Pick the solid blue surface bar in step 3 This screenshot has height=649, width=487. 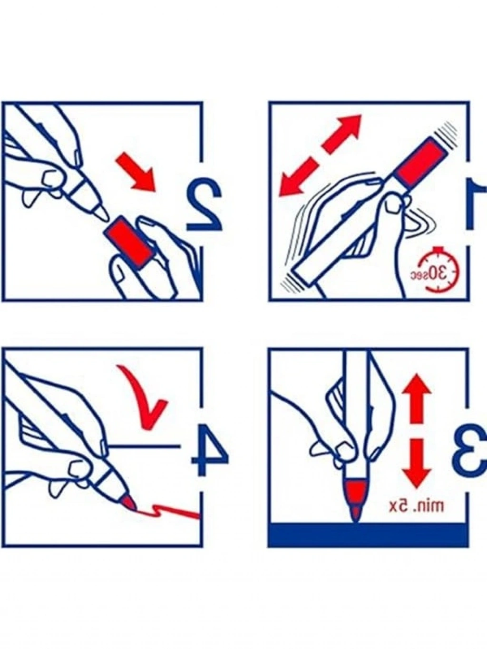click(x=369, y=534)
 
